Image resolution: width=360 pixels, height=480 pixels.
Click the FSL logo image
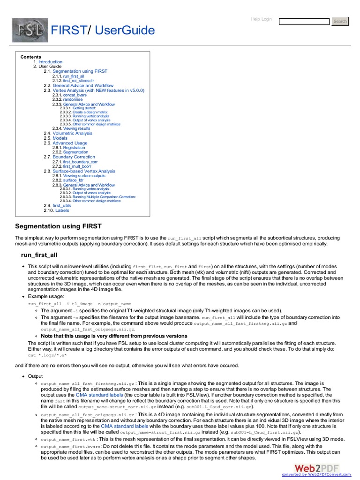[29, 30]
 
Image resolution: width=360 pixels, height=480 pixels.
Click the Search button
[340, 21]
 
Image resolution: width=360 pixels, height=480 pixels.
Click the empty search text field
[304, 22]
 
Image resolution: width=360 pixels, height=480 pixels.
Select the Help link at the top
[255, 19]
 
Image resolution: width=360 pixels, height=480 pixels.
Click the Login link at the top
[266, 19]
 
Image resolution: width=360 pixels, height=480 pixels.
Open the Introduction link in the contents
[50, 62]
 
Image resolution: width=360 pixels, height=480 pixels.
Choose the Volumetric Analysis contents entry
[72, 133]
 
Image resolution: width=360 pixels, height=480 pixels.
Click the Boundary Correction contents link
[74, 157]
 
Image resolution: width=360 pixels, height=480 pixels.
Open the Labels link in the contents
[62, 210]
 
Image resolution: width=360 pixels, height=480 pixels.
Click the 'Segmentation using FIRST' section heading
[59, 226]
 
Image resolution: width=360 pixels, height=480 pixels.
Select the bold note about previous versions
[114, 336]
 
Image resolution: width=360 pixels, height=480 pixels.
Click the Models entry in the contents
[60, 138]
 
